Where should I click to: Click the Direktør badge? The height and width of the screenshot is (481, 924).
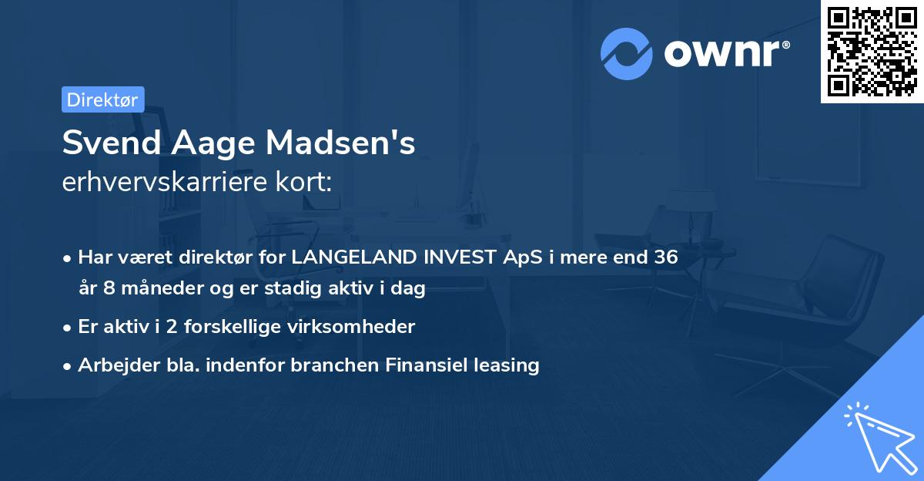point(102,99)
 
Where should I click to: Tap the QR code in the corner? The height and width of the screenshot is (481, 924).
point(872,52)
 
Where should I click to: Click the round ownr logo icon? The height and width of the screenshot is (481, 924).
point(627,54)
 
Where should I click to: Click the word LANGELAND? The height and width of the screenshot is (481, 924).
point(355,257)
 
